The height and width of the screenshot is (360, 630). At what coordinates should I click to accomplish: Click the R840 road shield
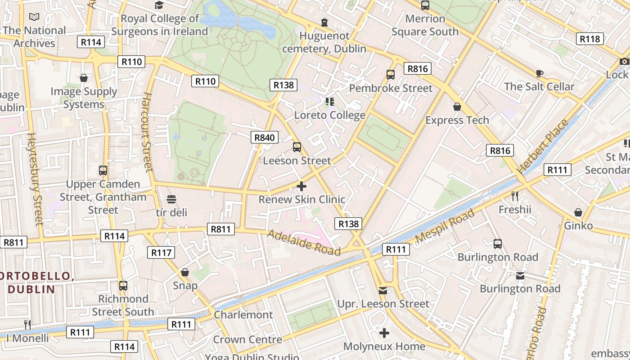pos(264,137)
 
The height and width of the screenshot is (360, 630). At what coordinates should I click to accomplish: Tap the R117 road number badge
pos(161,252)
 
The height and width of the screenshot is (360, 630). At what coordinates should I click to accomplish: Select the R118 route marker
pos(589,39)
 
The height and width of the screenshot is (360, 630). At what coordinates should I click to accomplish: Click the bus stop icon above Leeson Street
pos(297,147)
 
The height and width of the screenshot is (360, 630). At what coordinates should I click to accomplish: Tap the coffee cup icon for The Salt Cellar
pos(539,73)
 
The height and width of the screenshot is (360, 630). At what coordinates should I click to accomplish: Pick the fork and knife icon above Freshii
pos(515,196)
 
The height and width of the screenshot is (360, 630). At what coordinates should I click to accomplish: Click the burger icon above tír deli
pos(171,199)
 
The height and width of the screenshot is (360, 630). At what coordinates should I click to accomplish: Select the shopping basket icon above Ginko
pos(578,212)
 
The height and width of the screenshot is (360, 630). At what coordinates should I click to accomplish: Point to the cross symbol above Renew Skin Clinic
pos(301,186)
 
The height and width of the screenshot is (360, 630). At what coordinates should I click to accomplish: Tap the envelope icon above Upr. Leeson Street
pos(383,291)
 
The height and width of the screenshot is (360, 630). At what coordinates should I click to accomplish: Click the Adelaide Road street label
pos(304,243)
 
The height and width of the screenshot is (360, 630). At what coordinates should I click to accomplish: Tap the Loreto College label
pos(329,115)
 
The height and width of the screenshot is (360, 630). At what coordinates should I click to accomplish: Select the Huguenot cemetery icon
pos(324,22)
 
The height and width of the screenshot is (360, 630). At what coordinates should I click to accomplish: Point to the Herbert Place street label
pos(543,147)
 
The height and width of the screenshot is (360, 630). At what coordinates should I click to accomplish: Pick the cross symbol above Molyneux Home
pos(384,333)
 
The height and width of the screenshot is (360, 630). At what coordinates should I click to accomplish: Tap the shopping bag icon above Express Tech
pos(457,107)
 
